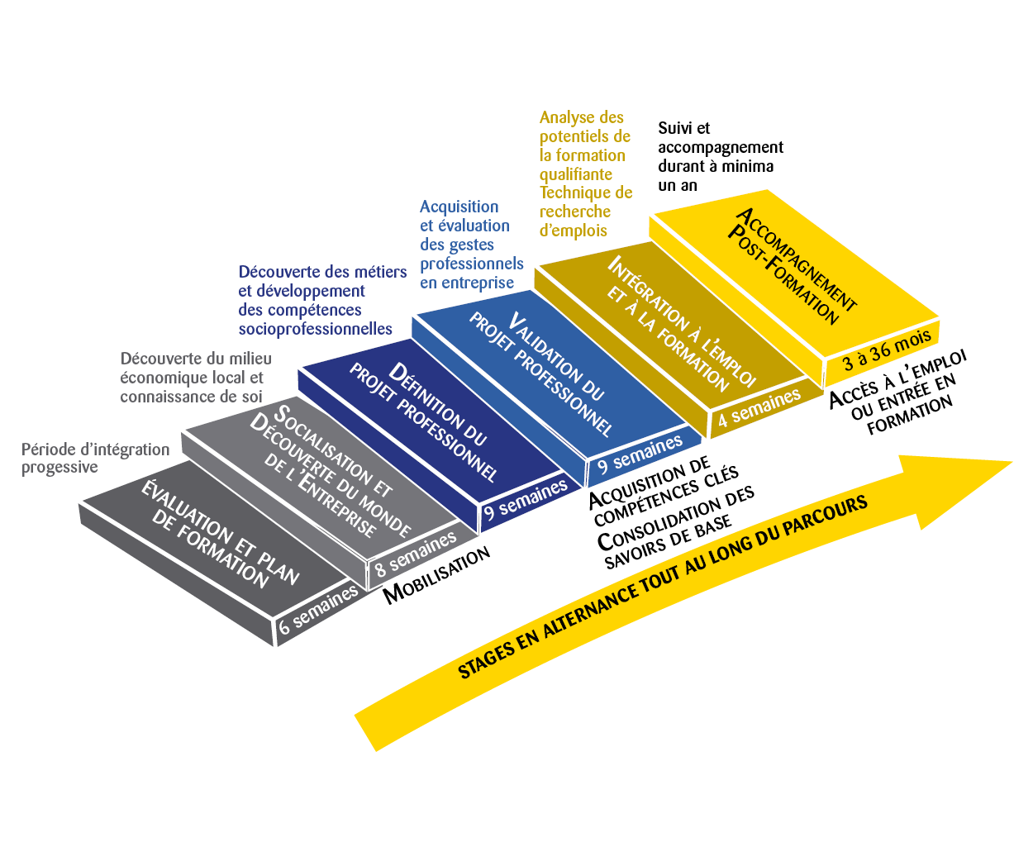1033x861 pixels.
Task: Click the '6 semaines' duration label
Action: pos(319,610)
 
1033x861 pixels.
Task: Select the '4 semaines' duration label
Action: pos(759,407)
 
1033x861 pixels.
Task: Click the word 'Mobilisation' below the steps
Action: pos(436,575)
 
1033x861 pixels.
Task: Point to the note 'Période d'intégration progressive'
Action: pos(95,458)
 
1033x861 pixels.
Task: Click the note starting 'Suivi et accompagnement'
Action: pos(720,156)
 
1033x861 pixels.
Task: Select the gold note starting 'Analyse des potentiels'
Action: pos(585,174)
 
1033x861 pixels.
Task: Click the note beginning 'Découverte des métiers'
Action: pos(322,300)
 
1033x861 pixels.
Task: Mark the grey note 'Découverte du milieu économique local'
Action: pos(196,378)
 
